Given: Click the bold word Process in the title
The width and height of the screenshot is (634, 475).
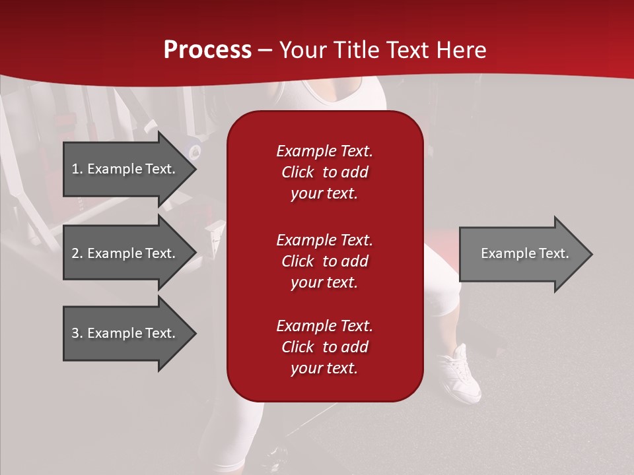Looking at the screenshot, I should coord(207,50).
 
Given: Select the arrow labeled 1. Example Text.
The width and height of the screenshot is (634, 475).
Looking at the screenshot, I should coord(125,169).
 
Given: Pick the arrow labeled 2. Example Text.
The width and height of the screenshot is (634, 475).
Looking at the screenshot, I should coord(125,253).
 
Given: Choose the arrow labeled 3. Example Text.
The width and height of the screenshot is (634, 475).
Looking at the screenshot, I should coord(125,333).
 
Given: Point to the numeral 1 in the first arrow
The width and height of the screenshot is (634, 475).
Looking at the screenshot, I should coord(75,169).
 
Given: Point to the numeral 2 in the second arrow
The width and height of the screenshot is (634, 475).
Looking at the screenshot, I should coord(76,253).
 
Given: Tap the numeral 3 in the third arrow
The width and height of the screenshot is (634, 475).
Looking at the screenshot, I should coord(76,333).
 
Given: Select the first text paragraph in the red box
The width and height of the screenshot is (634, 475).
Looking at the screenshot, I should coord(324,172).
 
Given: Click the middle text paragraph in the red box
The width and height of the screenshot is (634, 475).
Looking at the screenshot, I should coord(324,261).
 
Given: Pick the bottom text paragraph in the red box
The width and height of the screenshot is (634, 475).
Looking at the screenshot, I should coord(324,347).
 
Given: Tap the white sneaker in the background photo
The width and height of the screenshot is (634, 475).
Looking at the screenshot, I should coord(462,376).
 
